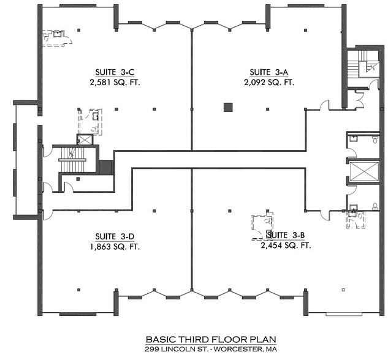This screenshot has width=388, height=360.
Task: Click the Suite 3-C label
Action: click(115, 72)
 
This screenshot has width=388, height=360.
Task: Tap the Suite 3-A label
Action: click(269, 72)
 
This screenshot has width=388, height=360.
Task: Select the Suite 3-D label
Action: click(115, 236)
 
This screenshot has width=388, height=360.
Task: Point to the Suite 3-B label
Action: click(285, 235)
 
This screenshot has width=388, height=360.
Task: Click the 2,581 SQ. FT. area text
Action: click(115, 82)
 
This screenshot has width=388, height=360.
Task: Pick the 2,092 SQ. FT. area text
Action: click(269, 82)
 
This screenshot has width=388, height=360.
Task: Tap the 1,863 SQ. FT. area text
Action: click(115, 247)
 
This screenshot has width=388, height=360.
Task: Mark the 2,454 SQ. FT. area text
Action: click(286, 246)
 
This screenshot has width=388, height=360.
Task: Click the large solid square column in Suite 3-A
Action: click(228, 108)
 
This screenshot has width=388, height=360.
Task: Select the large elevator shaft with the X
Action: click(364, 171)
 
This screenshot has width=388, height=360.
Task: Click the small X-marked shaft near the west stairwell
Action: click(85, 140)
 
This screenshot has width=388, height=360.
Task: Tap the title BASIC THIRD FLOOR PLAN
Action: click(211, 339)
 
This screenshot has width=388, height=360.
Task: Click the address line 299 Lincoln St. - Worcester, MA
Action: click(211, 349)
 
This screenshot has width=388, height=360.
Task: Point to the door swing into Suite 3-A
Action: click(325, 105)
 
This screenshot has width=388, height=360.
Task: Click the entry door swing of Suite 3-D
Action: click(48, 215)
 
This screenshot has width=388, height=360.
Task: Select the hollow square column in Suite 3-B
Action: click(343, 290)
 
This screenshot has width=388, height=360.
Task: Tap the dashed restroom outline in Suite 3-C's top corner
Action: click(58, 38)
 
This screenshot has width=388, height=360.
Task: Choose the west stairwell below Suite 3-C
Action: click(72, 160)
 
